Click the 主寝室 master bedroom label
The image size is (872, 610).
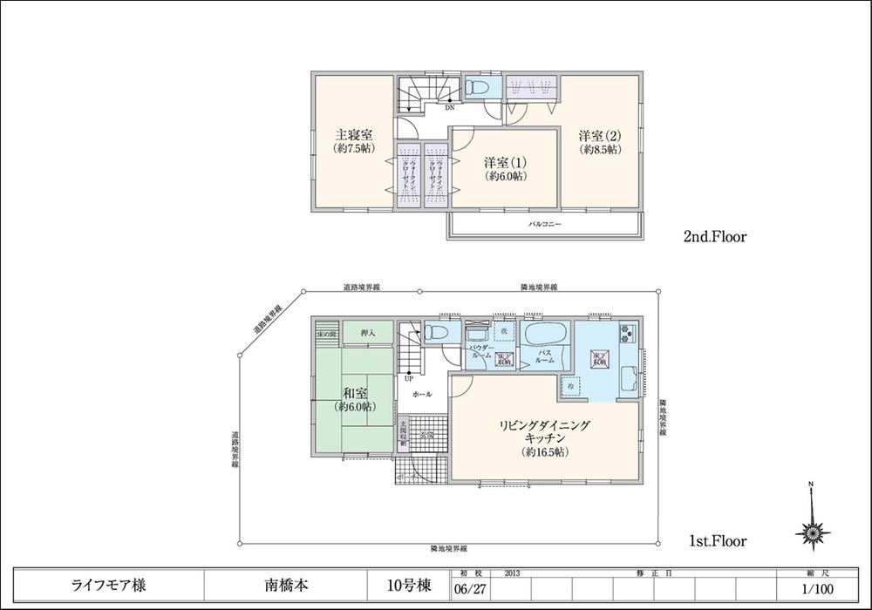pyautogui.click(x=354, y=141)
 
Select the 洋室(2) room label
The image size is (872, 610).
pyautogui.click(x=599, y=142)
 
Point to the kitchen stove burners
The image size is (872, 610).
pyautogui.click(x=628, y=333)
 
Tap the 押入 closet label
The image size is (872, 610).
pyautogui.click(x=366, y=332)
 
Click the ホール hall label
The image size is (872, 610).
pyautogui.click(x=421, y=394)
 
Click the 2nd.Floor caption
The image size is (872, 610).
pyautogui.click(x=715, y=236)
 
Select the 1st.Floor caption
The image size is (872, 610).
pyautogui.click(x=716, y=541)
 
